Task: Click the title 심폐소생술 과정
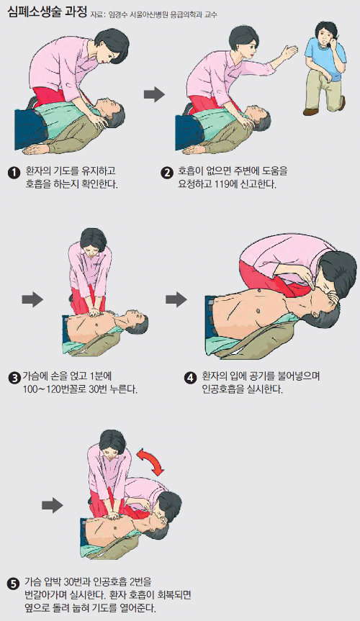click(48, 12)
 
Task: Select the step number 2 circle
click(167, 173)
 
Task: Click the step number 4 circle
click(190, 378)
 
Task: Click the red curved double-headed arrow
click(151, 460)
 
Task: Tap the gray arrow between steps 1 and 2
click(154, 95)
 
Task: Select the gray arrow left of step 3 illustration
click(32, 299)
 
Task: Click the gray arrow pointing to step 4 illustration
click(176, 299)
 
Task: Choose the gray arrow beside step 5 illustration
click(53, 505)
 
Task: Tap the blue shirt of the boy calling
click(324, 58)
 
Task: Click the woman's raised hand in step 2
click(289, 52)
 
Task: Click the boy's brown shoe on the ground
click(310, 112)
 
